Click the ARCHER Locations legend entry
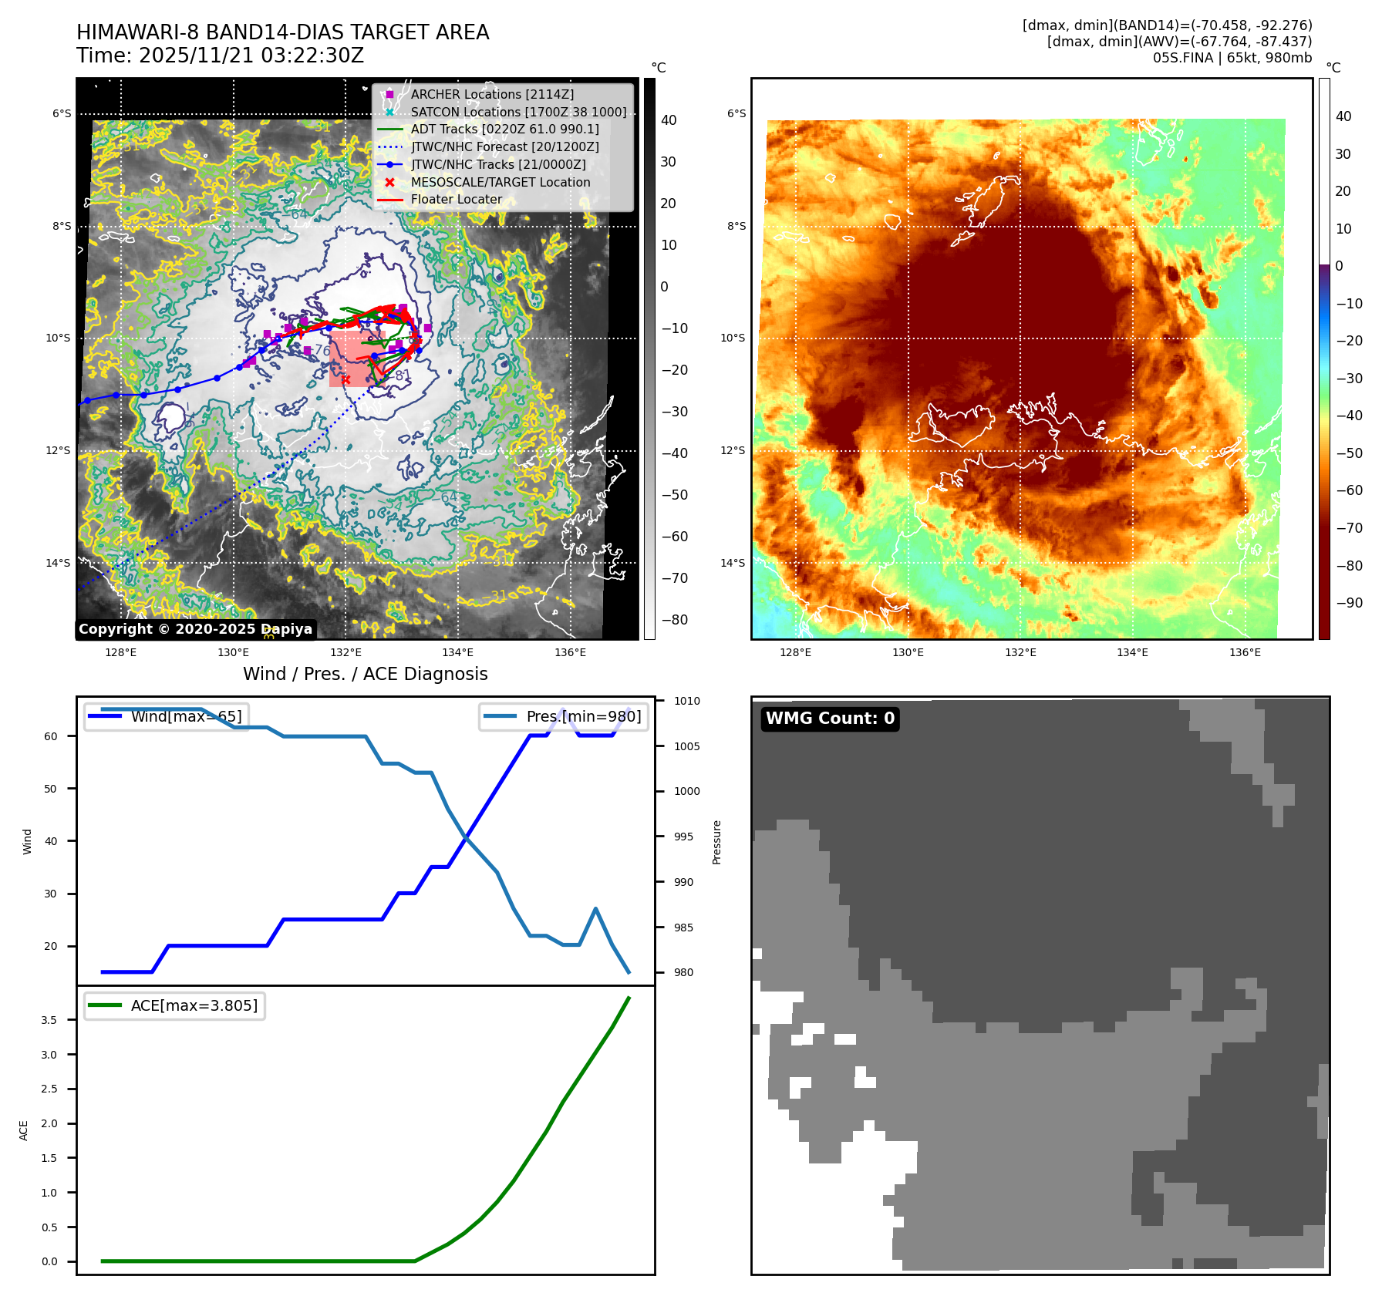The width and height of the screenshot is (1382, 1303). (492, 94)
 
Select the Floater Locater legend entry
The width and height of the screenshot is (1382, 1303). (456, 200)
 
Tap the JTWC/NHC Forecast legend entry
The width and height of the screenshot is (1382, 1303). (504, 146)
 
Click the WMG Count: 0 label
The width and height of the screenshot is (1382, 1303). (830, 719)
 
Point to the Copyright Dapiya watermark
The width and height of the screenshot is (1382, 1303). (195, 629)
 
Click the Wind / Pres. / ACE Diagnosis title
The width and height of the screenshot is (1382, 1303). (365, 674)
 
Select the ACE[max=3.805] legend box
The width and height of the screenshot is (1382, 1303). (175, 1005)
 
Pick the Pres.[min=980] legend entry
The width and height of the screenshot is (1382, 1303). (564, 716)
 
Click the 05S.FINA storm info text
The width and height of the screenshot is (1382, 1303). (1232, 58)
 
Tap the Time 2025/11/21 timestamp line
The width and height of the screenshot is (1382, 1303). (220, 56)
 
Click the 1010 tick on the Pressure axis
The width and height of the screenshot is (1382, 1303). (686, 701)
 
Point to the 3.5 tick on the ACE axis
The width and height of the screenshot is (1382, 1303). (49, 1020)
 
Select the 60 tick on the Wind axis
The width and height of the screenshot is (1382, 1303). (51, 736)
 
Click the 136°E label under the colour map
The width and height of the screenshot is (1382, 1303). (1245, 652)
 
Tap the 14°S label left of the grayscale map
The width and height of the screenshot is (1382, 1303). (58, 563)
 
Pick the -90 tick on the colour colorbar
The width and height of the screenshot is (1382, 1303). (1349, 603)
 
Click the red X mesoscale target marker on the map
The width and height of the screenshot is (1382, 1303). (345, 379)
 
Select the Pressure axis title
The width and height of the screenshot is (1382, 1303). (716, 842)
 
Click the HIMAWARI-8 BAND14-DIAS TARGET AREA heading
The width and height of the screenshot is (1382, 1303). (282, 32)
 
